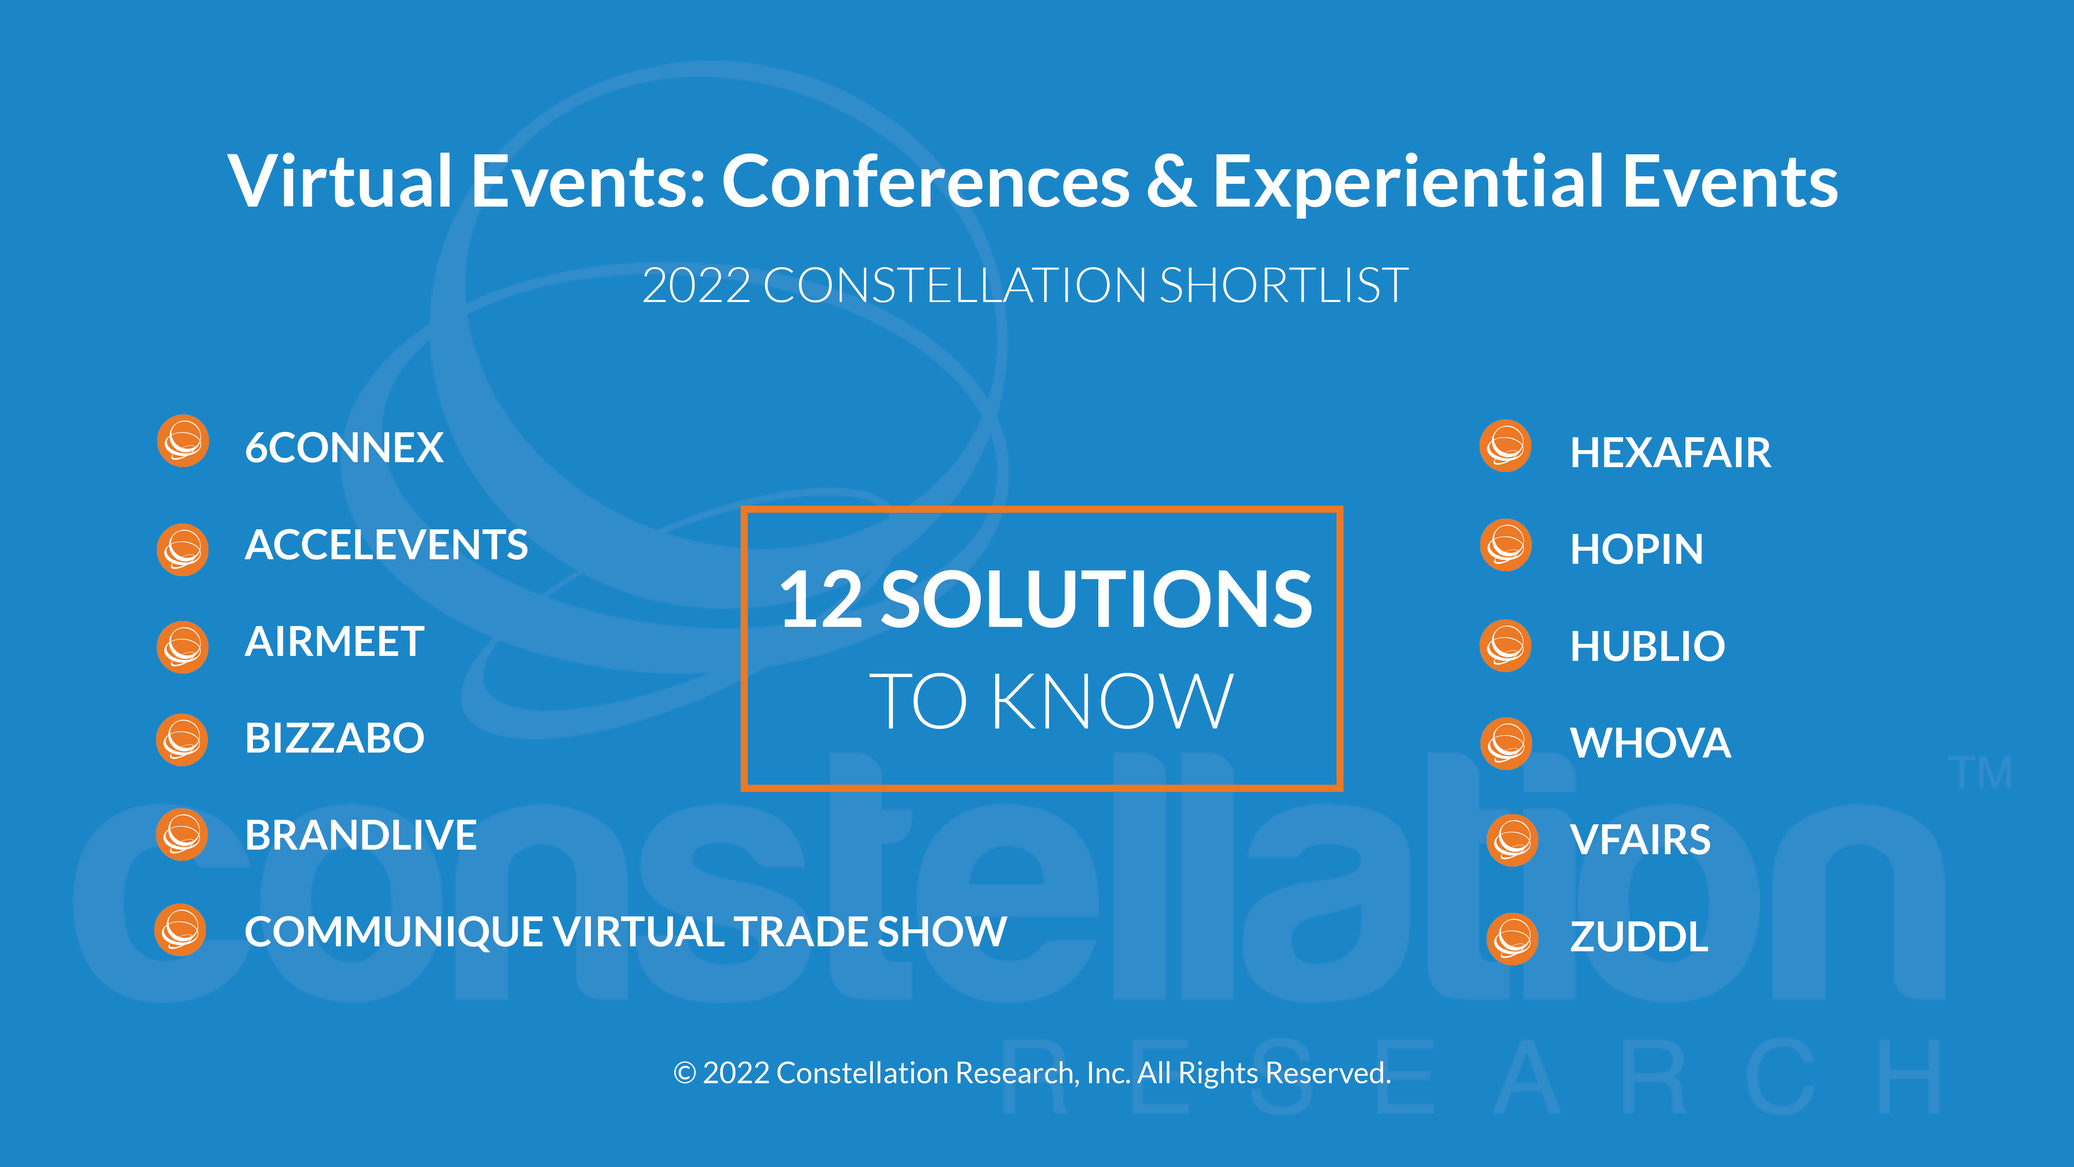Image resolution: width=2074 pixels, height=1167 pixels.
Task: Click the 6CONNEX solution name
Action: point(344,448)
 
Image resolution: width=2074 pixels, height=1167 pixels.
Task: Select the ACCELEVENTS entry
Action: point(387,544)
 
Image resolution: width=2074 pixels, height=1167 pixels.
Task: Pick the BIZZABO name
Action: point(334,738)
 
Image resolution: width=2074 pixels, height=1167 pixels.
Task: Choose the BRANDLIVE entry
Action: point(361,834)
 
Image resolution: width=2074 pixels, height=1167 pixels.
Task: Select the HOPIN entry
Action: point(1637,549)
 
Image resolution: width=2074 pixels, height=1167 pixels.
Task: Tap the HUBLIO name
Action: point(1647,646)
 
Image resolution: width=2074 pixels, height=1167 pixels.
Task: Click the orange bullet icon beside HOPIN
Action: point(1506,545)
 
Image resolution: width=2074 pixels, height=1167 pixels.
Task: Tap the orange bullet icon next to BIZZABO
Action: point(182,739)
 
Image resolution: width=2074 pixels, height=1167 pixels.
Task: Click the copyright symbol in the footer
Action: point(684,1073)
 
